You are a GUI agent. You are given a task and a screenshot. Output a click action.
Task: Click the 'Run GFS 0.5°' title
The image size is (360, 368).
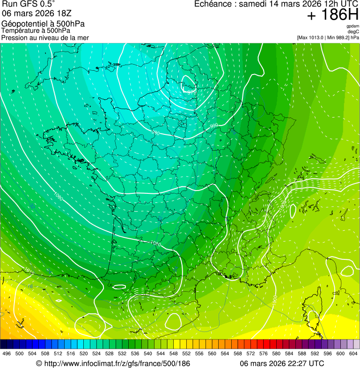pyautogui.click(x=28, y=5)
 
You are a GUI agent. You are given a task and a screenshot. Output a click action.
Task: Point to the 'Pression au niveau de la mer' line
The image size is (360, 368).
pyautogui.click(x=45, y=37)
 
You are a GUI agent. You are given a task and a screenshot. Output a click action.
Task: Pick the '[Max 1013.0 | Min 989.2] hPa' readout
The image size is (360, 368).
pyautogui.click(x=328, y=37)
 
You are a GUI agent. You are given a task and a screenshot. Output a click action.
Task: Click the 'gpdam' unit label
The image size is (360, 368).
pyautogui.click(x=353, y=26)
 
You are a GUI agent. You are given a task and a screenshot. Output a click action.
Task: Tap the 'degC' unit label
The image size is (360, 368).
pyautogui.click(x=353, y=32)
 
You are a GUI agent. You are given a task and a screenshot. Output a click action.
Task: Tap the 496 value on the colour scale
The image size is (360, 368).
pyautogui.click(x=7, y=354)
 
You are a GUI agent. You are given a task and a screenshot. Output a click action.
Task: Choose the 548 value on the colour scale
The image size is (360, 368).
pyautogui.click(x=173, y=354)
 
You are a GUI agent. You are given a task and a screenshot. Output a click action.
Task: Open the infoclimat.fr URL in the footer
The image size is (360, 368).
pyautogui.click(x=113, y=363)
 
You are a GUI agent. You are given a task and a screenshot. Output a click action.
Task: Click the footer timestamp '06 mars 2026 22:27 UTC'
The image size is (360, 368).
pyautogui.click(x=282, y=363)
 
